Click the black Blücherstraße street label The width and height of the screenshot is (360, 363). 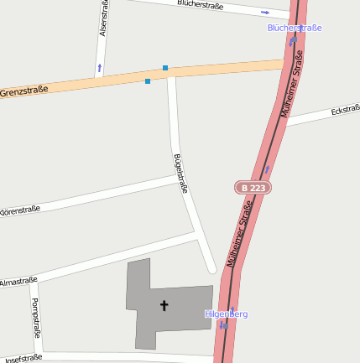click(x=201, y=5)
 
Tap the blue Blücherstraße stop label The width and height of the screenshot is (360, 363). click(x=295, y=28)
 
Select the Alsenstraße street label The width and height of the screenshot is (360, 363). click(x=103, y=18)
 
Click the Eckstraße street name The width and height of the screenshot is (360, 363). click(x=345, y=111)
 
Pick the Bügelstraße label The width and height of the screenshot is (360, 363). click(x=180, y=174)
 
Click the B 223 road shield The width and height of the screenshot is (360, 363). click(x=253, y=188)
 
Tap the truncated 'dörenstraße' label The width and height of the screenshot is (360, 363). click(x=20, y=210)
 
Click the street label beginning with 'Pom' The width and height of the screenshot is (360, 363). click(x=36, y=317)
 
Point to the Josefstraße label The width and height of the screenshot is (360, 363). click(x=22, y=358)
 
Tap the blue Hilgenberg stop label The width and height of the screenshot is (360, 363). click(x=227, y=314)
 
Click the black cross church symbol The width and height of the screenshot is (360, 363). click(x=164, y=306)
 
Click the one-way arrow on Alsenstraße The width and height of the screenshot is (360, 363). click(x=100, y=66)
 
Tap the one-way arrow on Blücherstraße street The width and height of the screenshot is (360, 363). click(x=265, y=13)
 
